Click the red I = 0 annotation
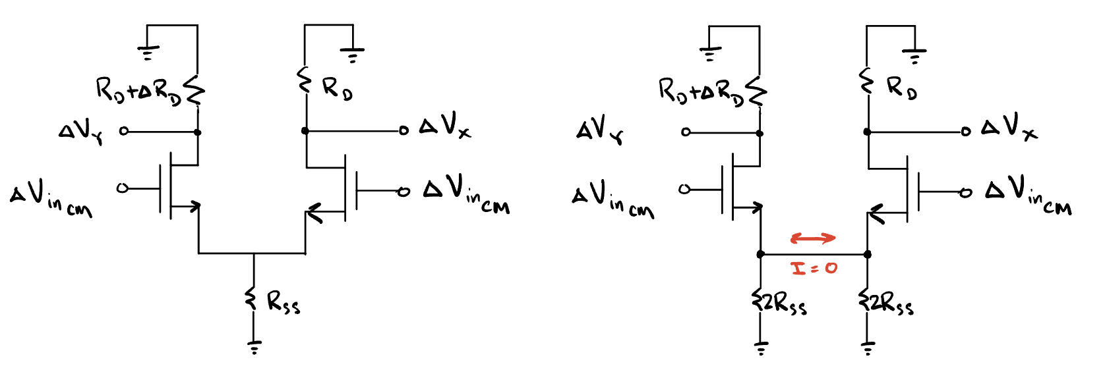[x=814, y=268]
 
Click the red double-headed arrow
[x=814, y=238]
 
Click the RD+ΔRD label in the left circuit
[x=138, y=91]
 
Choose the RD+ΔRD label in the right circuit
[x=701, y=91]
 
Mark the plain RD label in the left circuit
[x=337, y=88]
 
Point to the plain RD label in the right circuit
[x=901, y=88]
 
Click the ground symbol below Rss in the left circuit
[x=254, y=346]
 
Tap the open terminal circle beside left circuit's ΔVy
[x=123, y=132]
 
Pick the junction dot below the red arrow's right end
[x=868, y=254]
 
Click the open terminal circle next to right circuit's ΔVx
[x=966, y=132]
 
